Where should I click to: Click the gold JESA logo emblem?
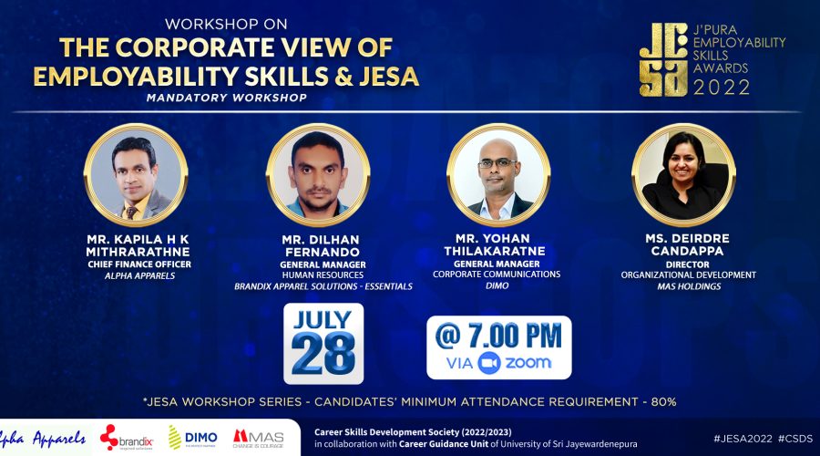[x=663, y=59]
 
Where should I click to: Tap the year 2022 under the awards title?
[x=722, y=87]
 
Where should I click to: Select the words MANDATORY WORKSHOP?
[x=227, y=98]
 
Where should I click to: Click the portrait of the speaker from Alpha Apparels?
[x=136, y=175]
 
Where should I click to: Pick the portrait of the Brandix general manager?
[x=318, y=175]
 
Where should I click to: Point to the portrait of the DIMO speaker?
[x=498, y=175]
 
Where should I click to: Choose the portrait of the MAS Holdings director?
[x=683, y=175]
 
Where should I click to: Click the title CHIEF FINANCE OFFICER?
[x=139, y=264]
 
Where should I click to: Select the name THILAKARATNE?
[x=495, y=252]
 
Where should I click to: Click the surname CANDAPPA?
[x=687, y=251]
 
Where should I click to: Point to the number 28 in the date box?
[x=323, y=353]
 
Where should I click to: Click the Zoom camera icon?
[x=489, y=363]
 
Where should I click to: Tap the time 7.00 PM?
[x=515, y=336]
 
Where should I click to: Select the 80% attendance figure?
[x=663, y=402]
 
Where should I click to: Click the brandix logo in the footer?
[x=127, y=438]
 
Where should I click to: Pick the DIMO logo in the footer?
[x=193, y=438]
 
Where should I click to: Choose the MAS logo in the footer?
[x=259, y=439]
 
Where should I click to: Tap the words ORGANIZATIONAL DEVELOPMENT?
[x=688, y=275]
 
